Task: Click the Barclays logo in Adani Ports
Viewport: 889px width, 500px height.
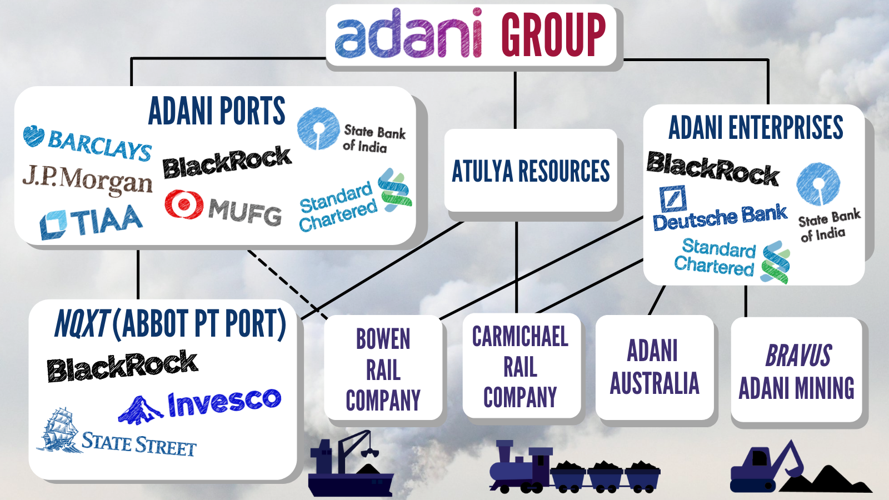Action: pos(88,143)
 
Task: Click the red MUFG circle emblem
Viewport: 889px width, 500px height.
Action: pos(183,204)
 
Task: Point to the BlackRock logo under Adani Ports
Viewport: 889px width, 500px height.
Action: pos(227,162)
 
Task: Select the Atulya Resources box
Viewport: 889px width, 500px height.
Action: pos(531,171)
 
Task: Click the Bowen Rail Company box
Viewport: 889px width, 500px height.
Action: pos(383,369)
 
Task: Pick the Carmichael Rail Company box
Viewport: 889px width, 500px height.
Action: pos(521,367)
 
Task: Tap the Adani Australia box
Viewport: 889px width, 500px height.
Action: pos(654,368)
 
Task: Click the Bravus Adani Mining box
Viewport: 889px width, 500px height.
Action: pos(796,371)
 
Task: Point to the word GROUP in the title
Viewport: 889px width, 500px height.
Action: pos(553,34)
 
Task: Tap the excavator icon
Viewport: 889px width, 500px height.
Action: pos(767,467)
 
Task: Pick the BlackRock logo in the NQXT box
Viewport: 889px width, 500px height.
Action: pos(122,367)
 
